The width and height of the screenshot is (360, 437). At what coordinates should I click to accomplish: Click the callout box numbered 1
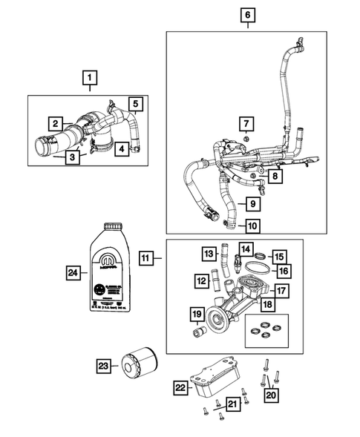click(x=89, y=76)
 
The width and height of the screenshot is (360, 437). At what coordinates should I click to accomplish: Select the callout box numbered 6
click(x=247, y=14)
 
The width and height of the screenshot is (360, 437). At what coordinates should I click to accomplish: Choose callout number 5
click(x=137, y=103)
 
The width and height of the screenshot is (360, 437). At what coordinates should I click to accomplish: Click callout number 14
click(x=246, y=249)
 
